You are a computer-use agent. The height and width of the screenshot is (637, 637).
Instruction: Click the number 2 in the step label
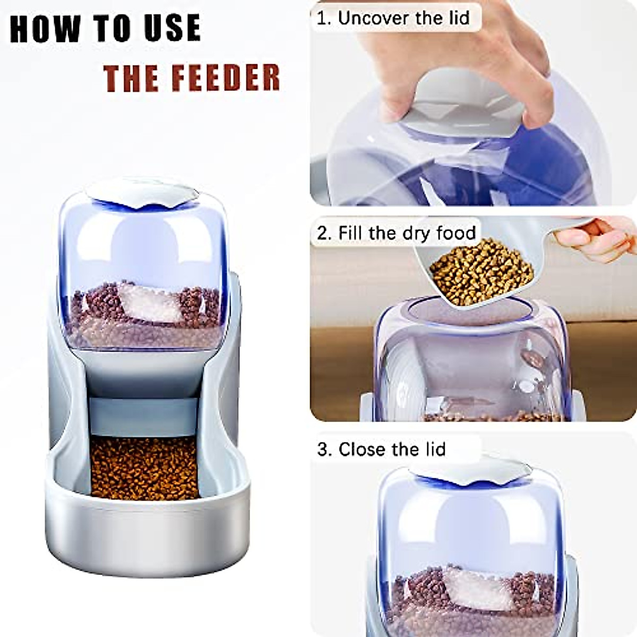click(322, 233)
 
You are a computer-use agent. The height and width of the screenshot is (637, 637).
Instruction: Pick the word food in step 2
click(455, 233)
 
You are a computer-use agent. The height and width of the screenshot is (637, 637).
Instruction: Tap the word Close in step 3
click(364, 450)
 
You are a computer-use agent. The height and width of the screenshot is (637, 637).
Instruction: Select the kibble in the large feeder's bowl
click(144, 468)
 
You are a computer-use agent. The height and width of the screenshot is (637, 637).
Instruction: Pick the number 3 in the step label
click(323, 450)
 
